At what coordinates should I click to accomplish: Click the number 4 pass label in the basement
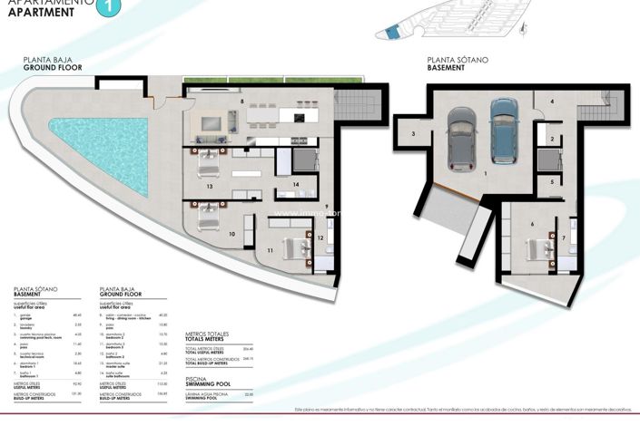pyautogui.click(x=552, y=102)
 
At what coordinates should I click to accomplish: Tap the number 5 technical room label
pyautogui.click(x=551, y=182)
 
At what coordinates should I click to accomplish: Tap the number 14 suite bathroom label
pyautogui.click(x=296, y=185)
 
